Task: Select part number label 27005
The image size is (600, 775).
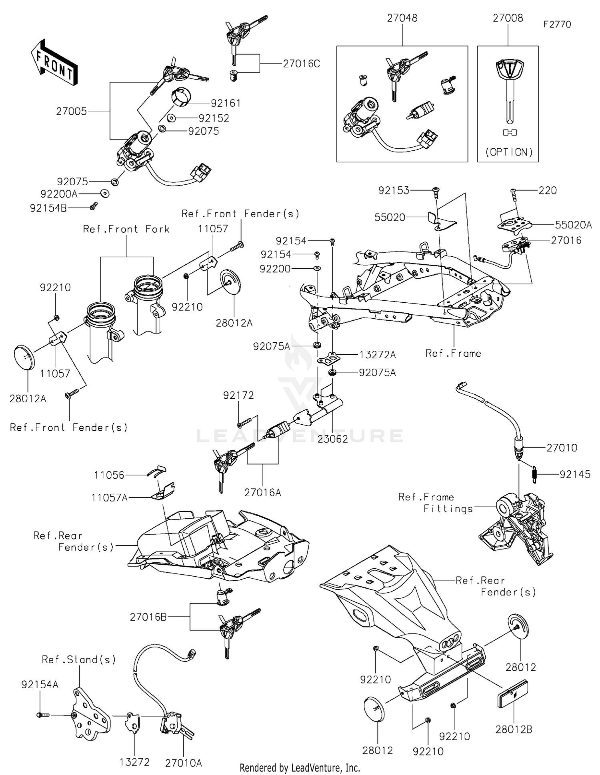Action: click(x=71, y=112)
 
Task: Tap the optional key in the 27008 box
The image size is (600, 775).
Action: click(x=509, y=92)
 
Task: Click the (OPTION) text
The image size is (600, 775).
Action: click(x=509, y=152)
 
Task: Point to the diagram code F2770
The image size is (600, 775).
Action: click(x=557, y=24)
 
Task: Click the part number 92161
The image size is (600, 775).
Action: click(x=226, y=103)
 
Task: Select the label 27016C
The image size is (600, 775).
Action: click(x=301, y=64)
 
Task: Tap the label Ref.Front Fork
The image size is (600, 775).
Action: click(x=126, y=229)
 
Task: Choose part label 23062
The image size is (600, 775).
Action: click(x=332, y=439)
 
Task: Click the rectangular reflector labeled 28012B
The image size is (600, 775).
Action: click(x=512, y=694)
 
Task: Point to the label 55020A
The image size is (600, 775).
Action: click(x=573, y=225)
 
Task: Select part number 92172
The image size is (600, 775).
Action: click(x=238, y=395)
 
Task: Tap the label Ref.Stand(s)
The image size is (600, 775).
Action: click(x=79, y=659)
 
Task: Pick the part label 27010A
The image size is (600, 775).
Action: click(x=183, y=763)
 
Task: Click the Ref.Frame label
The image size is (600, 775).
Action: click(x=453, y=354)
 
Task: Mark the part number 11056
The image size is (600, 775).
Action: click(x=109, y=475)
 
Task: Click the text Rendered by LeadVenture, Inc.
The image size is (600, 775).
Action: click(x=300, y=768)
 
